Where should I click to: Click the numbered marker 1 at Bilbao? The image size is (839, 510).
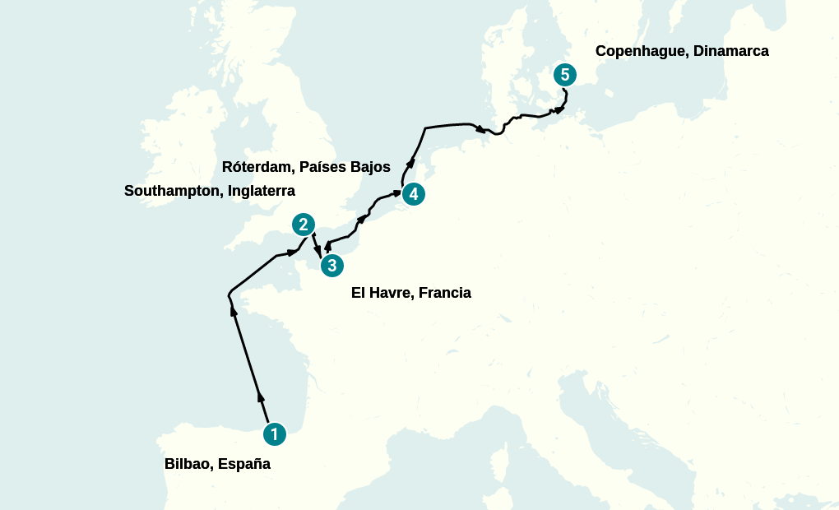click(x=275, y=433)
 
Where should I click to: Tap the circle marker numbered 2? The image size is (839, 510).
click(x=304, y=225)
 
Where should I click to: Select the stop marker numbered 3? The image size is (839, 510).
click(x=331, y=265)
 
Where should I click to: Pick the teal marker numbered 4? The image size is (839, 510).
click(x=413, y=194)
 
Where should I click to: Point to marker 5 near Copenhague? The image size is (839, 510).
click(x=564, y=75)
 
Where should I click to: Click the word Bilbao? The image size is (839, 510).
click(x=189, y=464)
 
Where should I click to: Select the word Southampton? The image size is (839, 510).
click(x=169, y=191)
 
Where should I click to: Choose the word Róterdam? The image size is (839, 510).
click(x=257, y=167)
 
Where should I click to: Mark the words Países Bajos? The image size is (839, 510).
click(x=345, y=167)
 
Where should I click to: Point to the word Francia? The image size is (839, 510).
click(x=445, y=293)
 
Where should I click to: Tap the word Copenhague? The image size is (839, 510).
click(x=640, y=51)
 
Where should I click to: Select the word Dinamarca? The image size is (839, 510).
click(x=731, y=51)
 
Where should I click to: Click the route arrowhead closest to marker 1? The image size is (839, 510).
click(x=262, y=398)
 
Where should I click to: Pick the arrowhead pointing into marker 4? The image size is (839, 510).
click(x=396, y=193)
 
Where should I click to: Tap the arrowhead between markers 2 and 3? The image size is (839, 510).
click(x=318, y=252)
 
